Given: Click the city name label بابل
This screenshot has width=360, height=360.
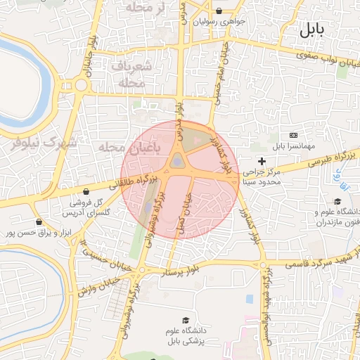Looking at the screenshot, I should (x=312, y=30).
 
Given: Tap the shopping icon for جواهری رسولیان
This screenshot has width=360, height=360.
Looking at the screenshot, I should (x=219, y=11).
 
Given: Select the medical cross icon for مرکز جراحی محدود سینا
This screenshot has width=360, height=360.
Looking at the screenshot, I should (x=262, y=162).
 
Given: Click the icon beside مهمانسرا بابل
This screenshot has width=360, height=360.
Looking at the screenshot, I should (x=293, y=135).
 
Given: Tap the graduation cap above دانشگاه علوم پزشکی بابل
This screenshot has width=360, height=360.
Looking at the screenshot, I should (x=186, y=321).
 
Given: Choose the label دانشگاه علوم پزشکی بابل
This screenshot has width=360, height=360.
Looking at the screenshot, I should (x=186, y=336).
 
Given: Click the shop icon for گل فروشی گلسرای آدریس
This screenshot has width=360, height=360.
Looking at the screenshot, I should (x=86, y=191).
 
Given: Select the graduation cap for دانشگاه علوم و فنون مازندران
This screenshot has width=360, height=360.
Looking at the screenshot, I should (x=338, y=202).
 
